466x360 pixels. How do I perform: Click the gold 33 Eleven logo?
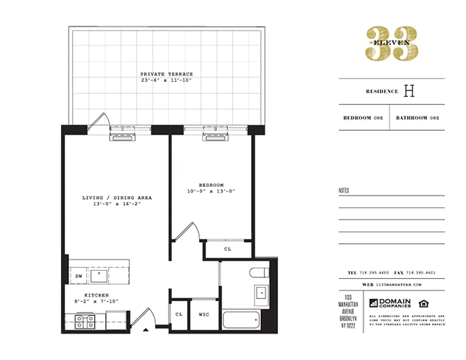[x=391, y=43]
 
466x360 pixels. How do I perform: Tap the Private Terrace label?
[x=166, y=74]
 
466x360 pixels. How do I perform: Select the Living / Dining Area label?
[x=117, y=198]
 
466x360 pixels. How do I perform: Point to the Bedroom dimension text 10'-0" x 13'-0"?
[x=211, y=191]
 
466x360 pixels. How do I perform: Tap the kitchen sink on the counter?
[x=99, y=275]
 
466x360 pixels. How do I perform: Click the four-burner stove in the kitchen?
[x=85, y=322]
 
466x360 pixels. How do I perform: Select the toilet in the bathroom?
[x=260, y=273]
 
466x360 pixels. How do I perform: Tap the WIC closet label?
[x=204, y=315]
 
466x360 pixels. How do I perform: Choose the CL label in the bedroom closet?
[x=228, y=249]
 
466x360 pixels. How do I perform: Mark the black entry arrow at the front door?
[x=146, y=331]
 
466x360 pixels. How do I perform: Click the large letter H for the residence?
[x=409, y=91]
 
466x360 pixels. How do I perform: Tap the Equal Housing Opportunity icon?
[x=423, y=303]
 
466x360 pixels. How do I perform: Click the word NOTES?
[x=344, y=191]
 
